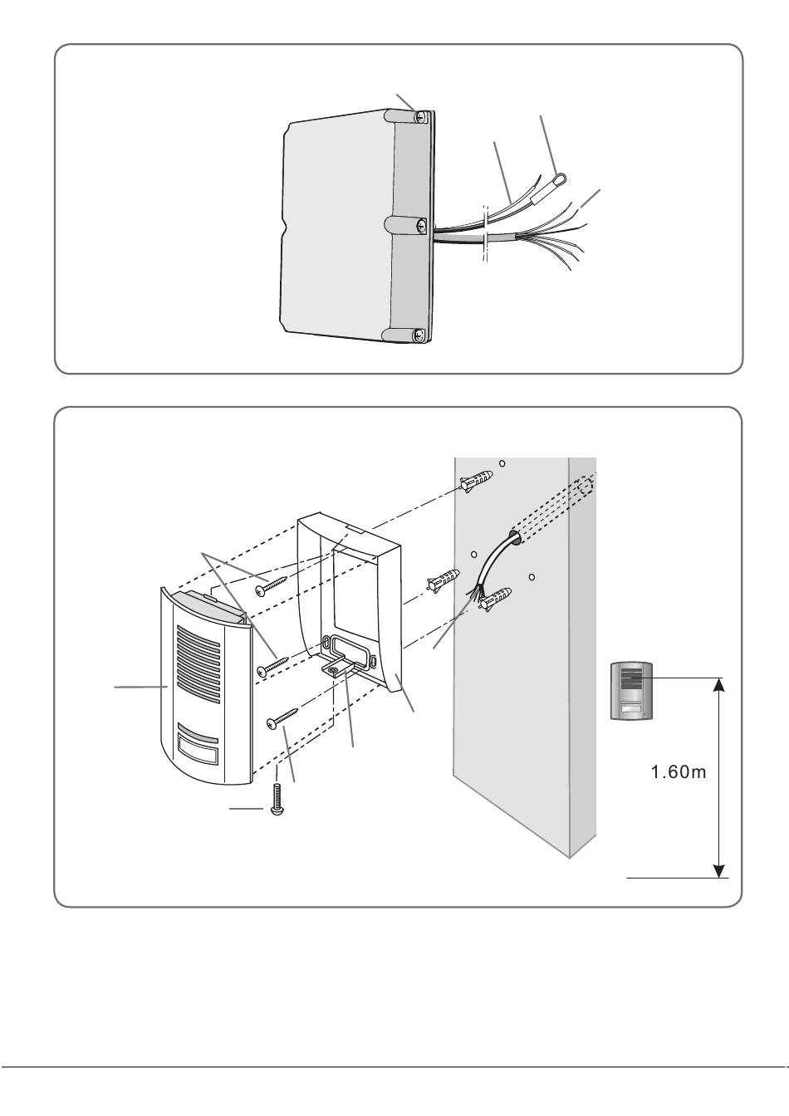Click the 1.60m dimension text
(678, 773)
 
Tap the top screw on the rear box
(422, 118)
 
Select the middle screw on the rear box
(423, 224)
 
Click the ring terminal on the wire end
(561, 175)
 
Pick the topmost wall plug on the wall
(477, 482)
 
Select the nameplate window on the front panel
(199, 756)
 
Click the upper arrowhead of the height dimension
(719, 683)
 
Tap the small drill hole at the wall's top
(502, 463)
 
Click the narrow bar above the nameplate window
(198, 734)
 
